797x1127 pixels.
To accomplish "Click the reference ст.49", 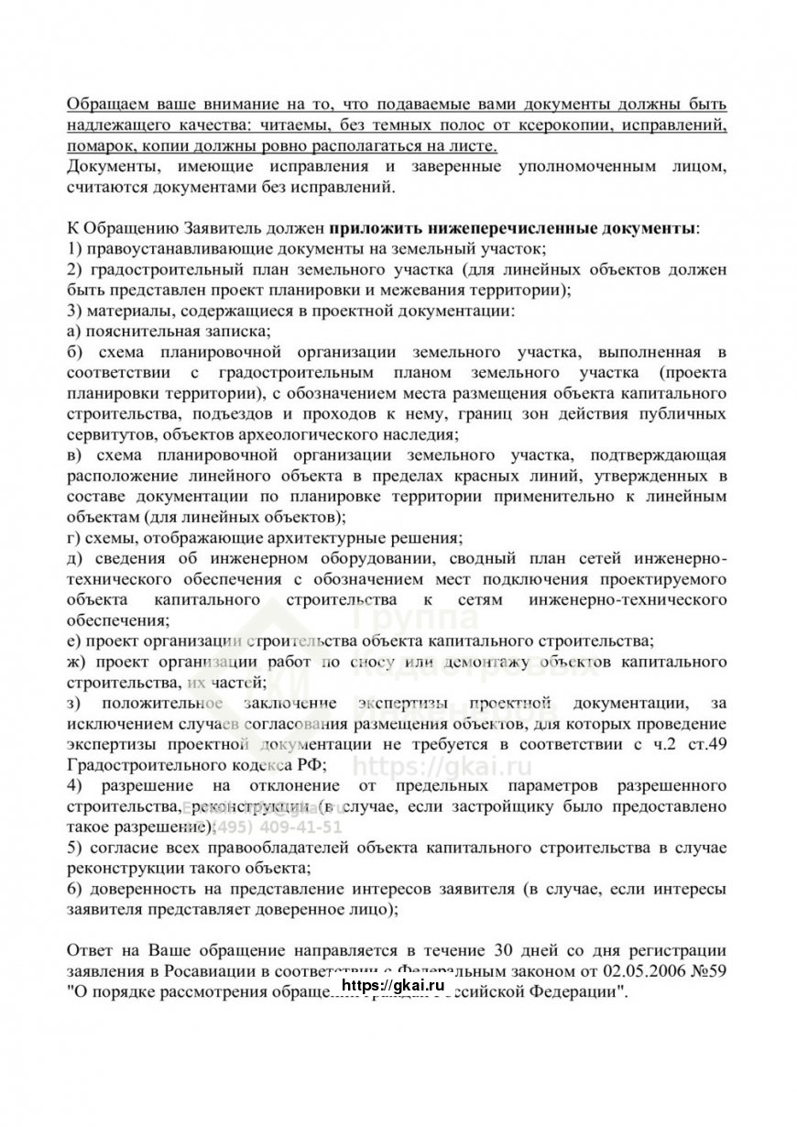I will tap(707, 744).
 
